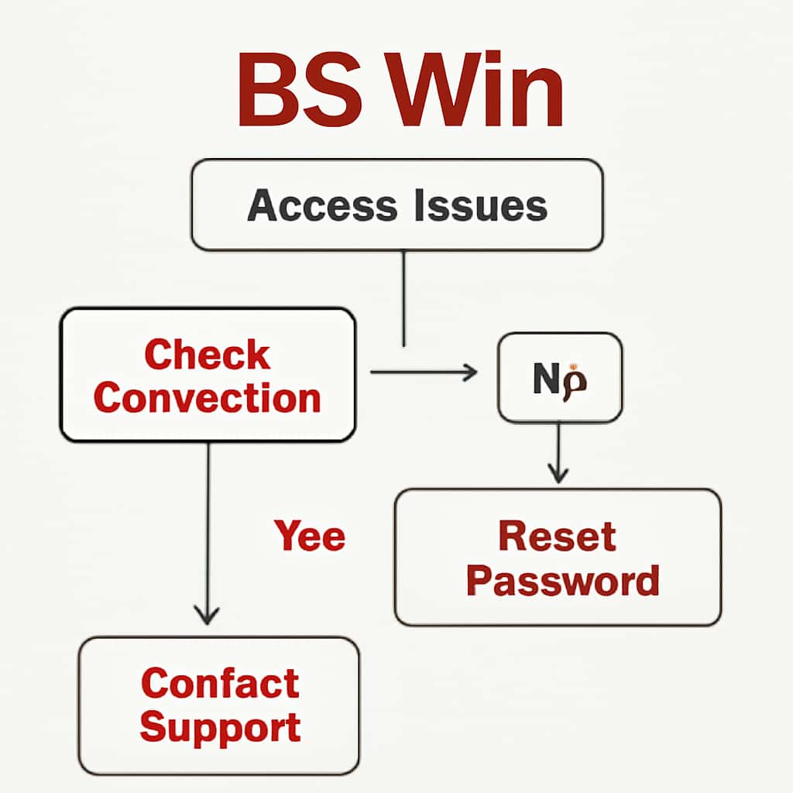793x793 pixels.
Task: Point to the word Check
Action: pyautogui.click(x=207, y=355)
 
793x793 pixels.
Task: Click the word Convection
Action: pyautogui.click(x=207, y=398)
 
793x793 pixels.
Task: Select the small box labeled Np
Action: pyautogui.click(x=560, y=377)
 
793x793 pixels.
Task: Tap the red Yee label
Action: pyautogui.click(x=309, y=536)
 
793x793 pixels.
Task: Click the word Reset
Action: pyautogui.click(x=557, y=536)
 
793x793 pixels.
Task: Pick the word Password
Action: pyautogui.click(x=562, y=580)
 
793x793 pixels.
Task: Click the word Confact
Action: pyautogui.click(x=220, y=683)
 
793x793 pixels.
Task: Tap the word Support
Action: pyautogui.click(x=220, y=728)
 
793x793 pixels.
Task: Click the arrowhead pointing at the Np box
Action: pyautogui.click(x=470, y=372)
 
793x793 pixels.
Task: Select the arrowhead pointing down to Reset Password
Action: pyautogui.click(x=558, y=472)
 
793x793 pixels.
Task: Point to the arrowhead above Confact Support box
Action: pyautogui.click(x=206, y=615)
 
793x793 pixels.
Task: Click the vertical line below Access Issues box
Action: pyautogui.click(x=403, y=298)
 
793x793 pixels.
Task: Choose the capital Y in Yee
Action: pyautogui.click(x=287, y=536)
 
